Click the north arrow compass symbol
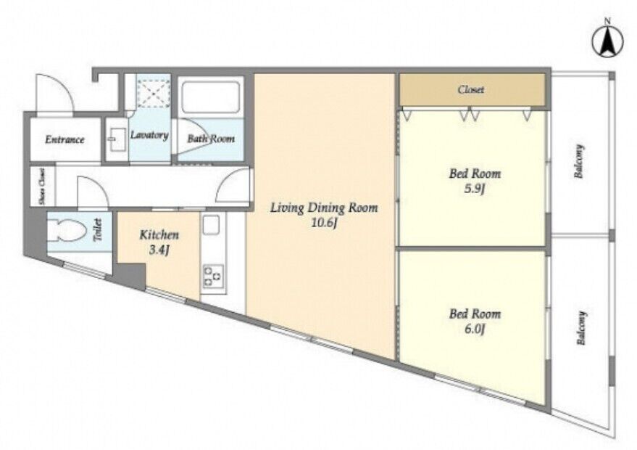coord(607,41)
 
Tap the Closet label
coord(471,89)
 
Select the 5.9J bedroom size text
coord(475,189)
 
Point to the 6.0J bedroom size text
coord(475,329)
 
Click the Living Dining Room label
coord(324,208)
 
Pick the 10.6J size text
coord(324,224)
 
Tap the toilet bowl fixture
coord(67,231)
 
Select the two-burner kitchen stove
coord(213,277)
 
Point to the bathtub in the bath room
coord(210,98)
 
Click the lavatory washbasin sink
coord(116,140)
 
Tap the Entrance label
coord(64,139)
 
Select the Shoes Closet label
coord(42,187)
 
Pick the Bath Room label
coord(211,139)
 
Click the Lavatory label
coord(149,135)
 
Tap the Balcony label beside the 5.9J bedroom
coord(579,162)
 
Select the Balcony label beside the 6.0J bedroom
coord(581,328)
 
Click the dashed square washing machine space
coord(154,93)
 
